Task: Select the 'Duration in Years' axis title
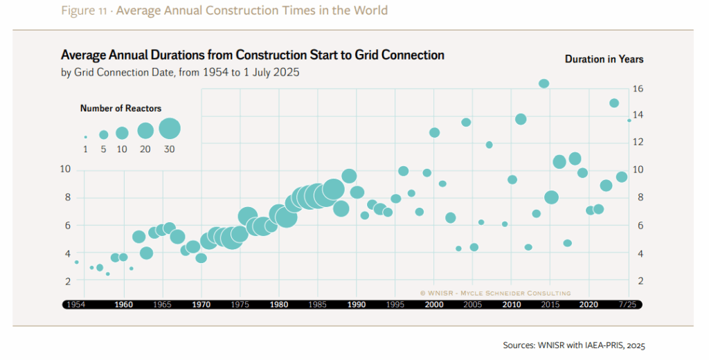(x=604, y=60)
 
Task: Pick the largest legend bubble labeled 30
(x=170, y=129)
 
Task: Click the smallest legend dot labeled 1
(x=86, y=136)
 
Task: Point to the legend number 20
(x=145, y=149)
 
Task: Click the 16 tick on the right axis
(x=638, y=89)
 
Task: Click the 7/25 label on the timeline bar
(x=628, y=304)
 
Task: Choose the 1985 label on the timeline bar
(x=318, y=304)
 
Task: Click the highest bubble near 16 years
(x=544, y=84)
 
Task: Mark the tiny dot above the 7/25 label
(x=629, y=120)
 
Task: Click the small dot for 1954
(x=76, y=262)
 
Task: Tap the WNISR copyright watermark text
(x=495, y=293)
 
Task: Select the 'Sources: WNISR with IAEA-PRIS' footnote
(x=574, y=345)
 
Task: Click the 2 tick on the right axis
(x=638, y=281)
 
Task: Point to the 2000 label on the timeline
(x=434, y=304)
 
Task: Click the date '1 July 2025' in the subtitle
(x=269, y=72)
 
